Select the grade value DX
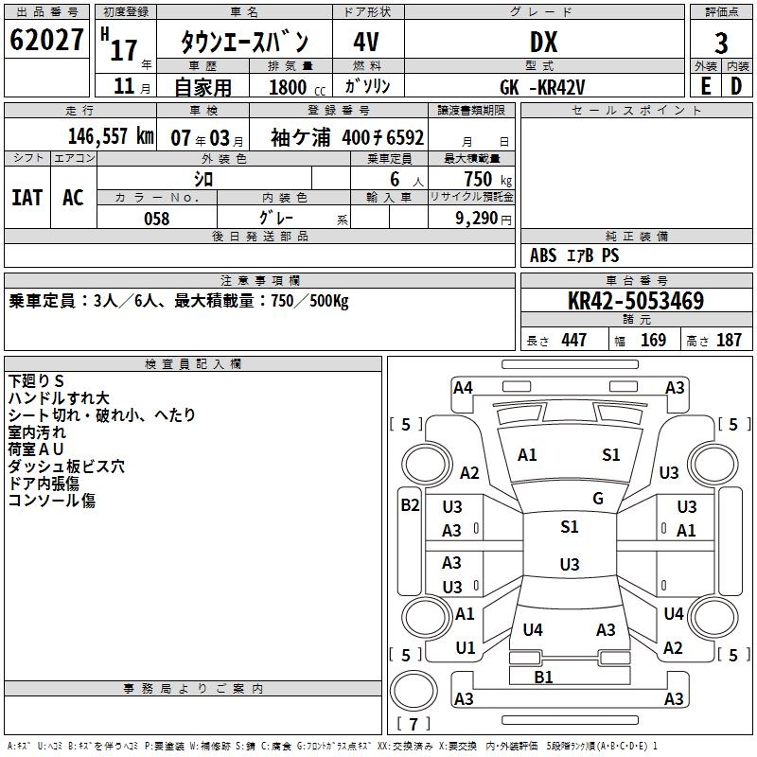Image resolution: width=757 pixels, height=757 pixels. coord(543,43)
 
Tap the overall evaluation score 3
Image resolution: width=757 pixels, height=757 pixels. coord(721,43)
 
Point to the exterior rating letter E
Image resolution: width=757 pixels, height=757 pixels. coord(705,85)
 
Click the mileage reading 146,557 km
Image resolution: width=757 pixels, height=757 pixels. coord(112,136)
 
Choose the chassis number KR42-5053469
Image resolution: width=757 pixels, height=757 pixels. coord(636,302)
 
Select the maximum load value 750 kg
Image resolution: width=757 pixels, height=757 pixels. coord(484,179)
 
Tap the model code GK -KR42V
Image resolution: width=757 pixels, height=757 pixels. coord(543,86)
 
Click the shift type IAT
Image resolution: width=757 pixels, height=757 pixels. coord(26,197)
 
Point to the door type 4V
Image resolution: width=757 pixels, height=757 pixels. coord(366,43)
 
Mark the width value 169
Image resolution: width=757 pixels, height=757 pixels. coord(653,341)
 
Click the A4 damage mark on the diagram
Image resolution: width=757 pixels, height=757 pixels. coord(463,387)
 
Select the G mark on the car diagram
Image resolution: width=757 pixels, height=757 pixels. coord(597,499)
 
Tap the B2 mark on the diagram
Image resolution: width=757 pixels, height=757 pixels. coord(409,505)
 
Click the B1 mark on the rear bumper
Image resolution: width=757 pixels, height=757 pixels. coord(543,677)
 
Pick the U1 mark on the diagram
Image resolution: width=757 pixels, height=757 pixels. coord(465,648)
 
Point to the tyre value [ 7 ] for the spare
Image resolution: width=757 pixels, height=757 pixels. coord(414,725)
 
